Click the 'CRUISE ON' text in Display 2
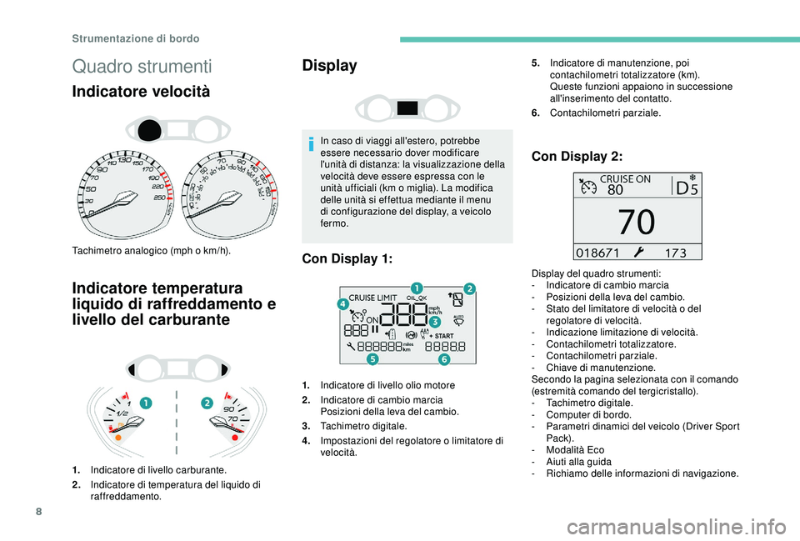[626, 178]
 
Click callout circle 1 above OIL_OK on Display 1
[415, 288]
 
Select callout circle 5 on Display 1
[372, 358]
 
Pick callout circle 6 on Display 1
[444, 358]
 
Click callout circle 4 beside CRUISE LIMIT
[342, 305]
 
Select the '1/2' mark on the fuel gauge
[122, 413]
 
